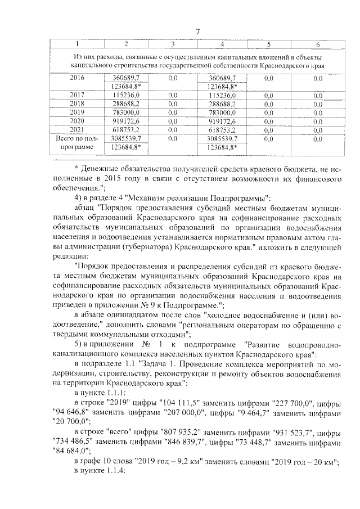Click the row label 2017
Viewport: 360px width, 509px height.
pos(77,95)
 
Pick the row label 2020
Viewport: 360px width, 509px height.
pos(77,121)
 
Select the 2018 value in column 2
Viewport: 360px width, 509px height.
pos(126,103)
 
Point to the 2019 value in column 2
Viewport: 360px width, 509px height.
pos(126,112)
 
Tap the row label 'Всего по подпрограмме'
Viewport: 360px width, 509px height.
pos(77,142)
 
